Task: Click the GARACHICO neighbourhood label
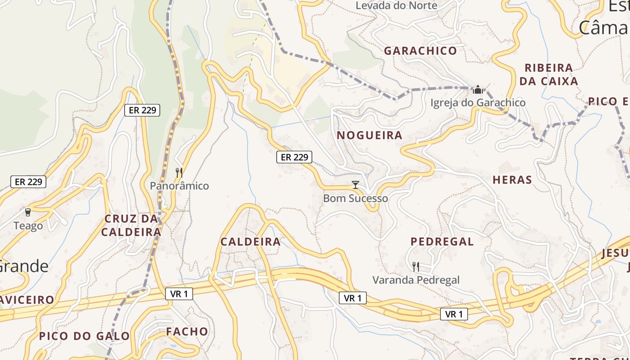point(420,51)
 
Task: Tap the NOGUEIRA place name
point(369,135)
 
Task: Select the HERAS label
point(512,180)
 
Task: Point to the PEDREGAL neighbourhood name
point(442,242)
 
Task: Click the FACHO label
point(187,332)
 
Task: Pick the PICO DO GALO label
point(84,336)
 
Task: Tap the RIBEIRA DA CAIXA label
point(549,75)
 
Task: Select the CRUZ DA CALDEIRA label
point(131,225)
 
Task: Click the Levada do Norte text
point(396,6)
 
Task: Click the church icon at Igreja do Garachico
point(478,90)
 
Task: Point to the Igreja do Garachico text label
point(478,103)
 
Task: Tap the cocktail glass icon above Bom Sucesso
point(355,184)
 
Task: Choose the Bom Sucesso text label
point(355,198)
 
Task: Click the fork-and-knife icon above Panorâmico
point(179,172)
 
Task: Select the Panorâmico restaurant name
point(179,186)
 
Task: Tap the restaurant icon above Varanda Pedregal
point(416,266)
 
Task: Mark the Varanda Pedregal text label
point(416,280)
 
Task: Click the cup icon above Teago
point(28,212)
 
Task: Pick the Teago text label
point(28,226)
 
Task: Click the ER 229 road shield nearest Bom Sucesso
point(294,157)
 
